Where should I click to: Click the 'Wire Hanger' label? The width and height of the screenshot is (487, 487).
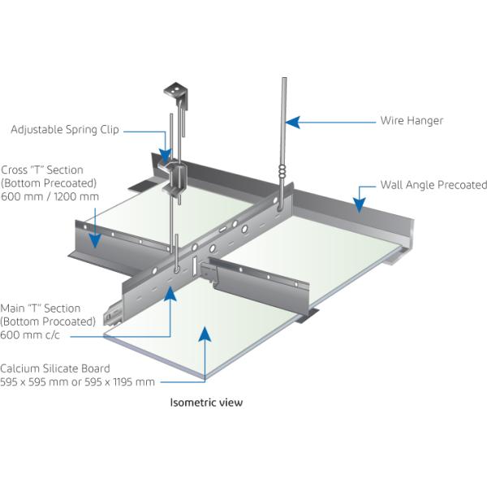pyautogui.click(x=412, y=121)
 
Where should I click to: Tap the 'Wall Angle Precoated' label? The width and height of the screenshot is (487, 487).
pyautogui.click(x=433, y=185)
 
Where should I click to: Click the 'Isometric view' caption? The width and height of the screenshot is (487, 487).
pyautogui.click(x=205, y=402)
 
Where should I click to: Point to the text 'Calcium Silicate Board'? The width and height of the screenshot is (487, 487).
pyautogui.click(x=54, y=368)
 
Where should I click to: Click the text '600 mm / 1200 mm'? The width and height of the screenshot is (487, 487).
pyautogui.click(x=50, y=196)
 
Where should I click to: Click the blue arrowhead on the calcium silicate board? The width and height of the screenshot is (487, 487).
pyautogui.click(x=207, y=334)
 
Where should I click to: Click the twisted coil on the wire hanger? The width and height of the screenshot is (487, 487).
pyautogui.click(x=282, y=172)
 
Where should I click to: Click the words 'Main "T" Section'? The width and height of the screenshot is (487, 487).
pyautogui.click(x=40, y=308)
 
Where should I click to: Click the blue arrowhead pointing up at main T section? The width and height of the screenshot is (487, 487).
pyautogui.click(x=170, y=293)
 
